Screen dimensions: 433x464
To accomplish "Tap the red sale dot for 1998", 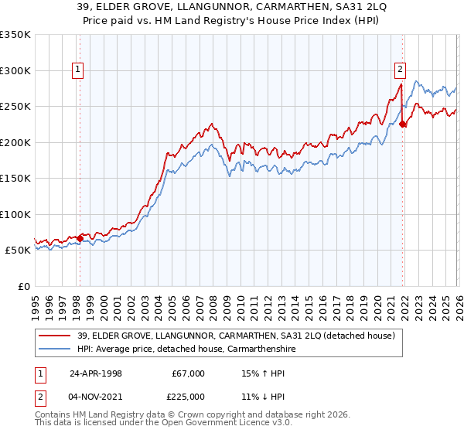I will (80, 238).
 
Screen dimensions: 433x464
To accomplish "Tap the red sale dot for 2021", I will (402, 124).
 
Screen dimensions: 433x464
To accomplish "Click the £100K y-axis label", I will (16, 214).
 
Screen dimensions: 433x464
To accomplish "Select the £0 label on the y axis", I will (25, 286).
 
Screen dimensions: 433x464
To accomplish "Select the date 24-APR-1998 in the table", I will (96, 373).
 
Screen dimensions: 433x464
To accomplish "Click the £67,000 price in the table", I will (189, 373).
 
